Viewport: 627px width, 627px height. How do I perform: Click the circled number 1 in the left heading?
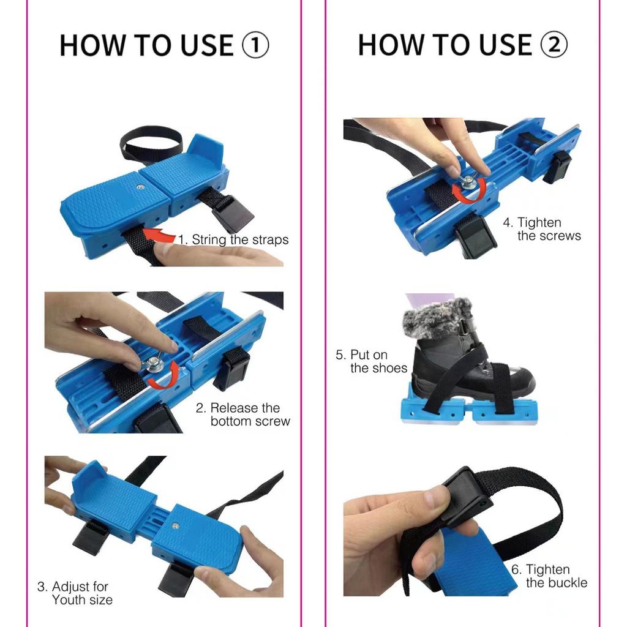click(x=255, y=45)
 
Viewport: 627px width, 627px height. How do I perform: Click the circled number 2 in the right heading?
click(x=554, y=44)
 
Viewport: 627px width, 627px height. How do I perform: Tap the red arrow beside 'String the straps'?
click(x=159, y=235)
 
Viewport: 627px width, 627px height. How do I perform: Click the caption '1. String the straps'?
click(x=233, y=239)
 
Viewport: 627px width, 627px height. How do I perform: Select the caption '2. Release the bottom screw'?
click(x=243, y=415)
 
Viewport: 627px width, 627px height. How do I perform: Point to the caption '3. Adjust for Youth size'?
click(x=75, y=593)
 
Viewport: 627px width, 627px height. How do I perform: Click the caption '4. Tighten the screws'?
click(x=542, y=229)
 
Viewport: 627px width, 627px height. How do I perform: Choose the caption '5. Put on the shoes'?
click(x=372, y=361)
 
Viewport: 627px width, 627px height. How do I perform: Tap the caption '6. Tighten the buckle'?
click(x=549, y=576)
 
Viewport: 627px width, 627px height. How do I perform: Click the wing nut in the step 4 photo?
click(x=468, y=182)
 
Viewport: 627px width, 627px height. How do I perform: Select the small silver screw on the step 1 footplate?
click(x=140, y=187)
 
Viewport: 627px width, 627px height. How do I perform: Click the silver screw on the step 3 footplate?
click(x=175, y=526)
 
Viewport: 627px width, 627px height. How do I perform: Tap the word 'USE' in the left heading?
click(x=207, y=45)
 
